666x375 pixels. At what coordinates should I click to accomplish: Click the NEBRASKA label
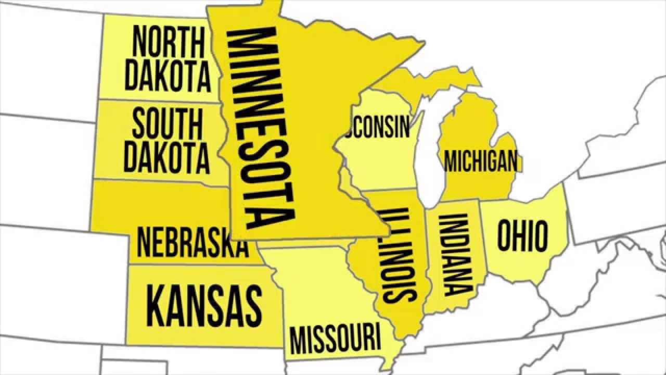(192, 242)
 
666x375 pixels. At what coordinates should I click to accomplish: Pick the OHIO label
(522, 236)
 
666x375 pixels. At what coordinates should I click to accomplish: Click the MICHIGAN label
(481, 161)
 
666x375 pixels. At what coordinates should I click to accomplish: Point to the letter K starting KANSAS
(156, 305)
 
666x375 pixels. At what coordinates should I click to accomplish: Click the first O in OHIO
(505, 236)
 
